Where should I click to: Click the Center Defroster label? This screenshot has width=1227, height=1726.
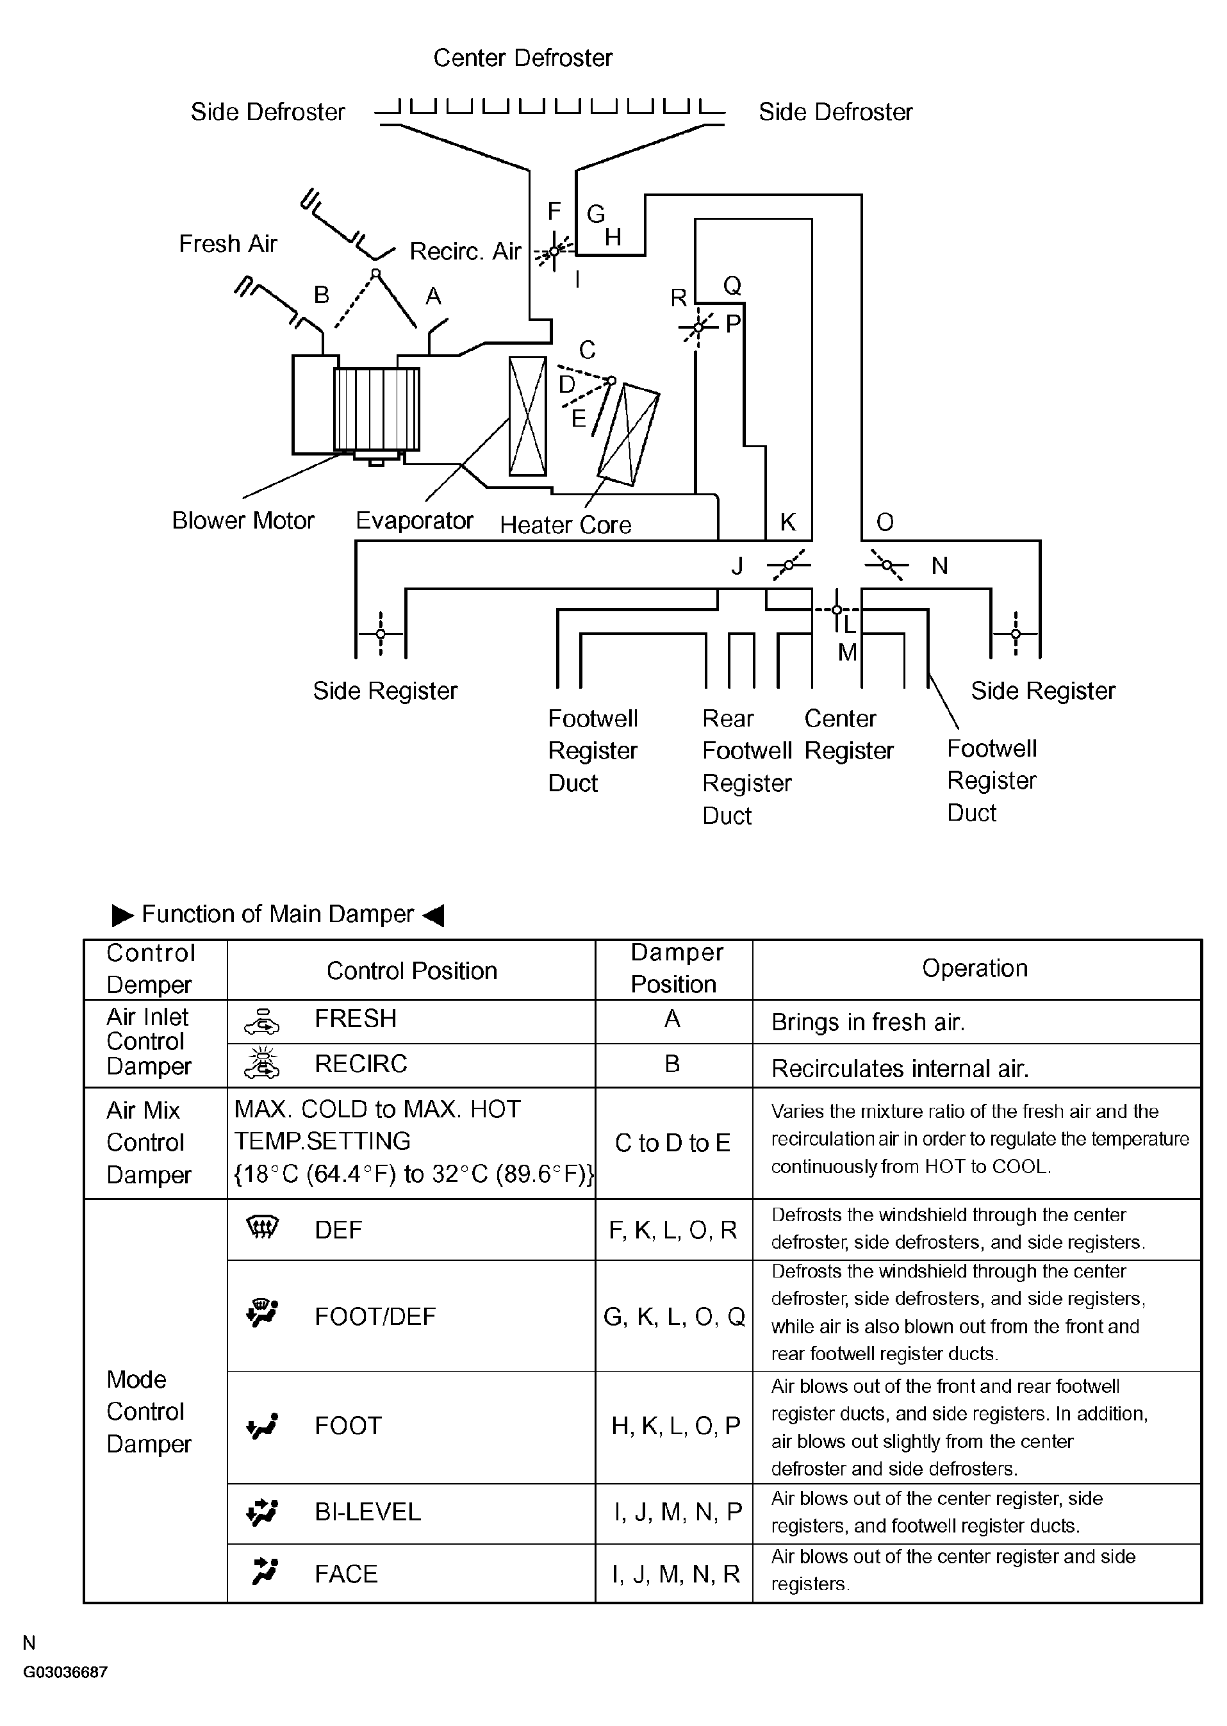522,58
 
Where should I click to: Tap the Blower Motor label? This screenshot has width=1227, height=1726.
243,520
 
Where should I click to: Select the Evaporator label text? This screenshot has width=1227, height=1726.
414,520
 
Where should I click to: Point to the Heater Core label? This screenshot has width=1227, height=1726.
565,525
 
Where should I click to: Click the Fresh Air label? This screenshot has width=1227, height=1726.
227,244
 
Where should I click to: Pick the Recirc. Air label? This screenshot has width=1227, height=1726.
465,252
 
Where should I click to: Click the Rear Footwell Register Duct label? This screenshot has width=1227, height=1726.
746,767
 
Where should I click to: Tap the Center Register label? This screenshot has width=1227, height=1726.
848,734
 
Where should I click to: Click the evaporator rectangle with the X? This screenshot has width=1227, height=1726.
527,416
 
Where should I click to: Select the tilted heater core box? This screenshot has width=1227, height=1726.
628,434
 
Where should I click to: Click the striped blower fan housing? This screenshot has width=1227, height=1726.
376,409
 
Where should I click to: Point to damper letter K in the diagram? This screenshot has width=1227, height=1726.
787,522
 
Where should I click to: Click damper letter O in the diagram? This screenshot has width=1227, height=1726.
885,522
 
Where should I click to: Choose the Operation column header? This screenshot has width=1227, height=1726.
975,968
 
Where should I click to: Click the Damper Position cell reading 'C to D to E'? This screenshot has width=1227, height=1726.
672,1143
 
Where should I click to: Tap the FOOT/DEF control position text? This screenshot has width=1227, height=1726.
375,1317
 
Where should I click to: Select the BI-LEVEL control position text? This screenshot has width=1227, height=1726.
367,1511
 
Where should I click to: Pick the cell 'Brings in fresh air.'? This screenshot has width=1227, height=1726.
868,1022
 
